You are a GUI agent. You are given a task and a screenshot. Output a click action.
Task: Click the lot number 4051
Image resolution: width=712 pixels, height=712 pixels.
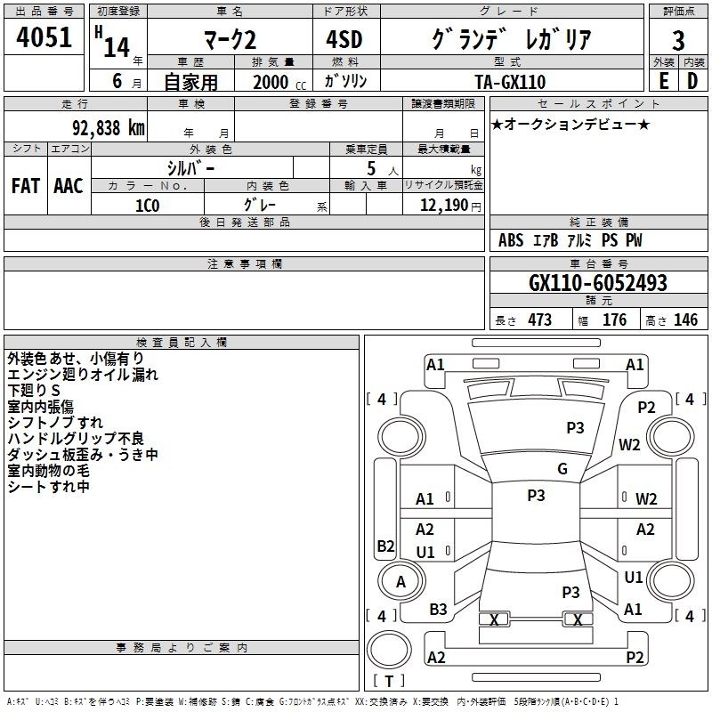[x=44, y=37]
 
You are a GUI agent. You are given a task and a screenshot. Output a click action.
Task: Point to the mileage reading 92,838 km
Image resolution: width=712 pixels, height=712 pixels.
[x=109, y=128]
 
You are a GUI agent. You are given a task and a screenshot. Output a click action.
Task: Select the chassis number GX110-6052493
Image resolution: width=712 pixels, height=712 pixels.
[x=598, y=283]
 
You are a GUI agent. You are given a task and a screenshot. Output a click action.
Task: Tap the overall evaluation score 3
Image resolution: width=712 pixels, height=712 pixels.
[x=678, y=41]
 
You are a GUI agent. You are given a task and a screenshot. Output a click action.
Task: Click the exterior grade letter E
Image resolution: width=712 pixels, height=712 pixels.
[x=663, y=81]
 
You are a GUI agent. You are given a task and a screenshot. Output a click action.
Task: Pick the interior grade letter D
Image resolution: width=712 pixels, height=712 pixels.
[x=692, y=81]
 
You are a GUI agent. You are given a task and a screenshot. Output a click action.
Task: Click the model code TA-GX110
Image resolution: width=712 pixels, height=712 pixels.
[x=510, y=82]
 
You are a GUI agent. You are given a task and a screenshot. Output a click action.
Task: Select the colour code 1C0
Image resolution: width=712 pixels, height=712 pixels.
[x=148, y=206]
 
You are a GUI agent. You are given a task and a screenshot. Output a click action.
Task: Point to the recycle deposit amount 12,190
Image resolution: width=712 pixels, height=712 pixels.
[x=444, y=206]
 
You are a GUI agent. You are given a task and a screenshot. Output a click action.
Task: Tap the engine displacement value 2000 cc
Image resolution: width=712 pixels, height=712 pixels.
[x=279, y=82]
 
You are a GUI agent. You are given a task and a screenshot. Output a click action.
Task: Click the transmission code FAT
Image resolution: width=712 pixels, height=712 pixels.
[x=26, y=186]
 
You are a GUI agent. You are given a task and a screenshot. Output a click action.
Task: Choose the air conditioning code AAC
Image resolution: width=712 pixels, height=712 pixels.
[x=69, y=186]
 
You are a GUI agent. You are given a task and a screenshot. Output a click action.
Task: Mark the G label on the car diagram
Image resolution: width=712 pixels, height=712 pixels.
[x=562, y=469]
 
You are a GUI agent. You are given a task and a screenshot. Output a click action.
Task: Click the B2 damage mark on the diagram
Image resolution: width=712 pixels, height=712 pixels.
[x=385, y=546]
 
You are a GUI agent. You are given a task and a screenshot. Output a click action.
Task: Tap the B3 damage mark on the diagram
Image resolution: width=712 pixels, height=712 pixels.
[x=438, y=609]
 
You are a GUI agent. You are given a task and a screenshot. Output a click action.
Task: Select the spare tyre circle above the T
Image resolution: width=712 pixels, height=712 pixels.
[x=389, y=650]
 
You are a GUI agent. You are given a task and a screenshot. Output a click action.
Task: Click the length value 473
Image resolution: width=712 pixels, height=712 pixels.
[x=539, y=320]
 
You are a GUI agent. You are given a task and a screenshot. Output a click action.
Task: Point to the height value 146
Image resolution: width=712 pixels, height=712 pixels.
[x=685, y=320]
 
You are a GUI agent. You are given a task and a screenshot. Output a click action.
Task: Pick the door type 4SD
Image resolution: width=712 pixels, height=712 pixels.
[x=344, y=39]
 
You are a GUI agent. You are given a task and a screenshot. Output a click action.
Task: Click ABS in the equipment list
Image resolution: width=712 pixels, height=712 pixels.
[x=511, y=240]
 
